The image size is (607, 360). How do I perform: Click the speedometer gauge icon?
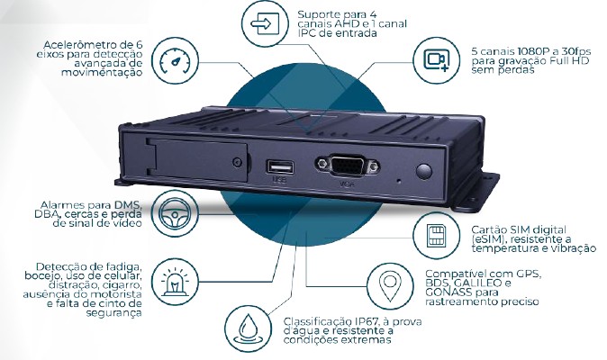(176, 61)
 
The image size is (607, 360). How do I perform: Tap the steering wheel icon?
(175, 213)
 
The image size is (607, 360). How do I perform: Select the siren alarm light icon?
(175, 282)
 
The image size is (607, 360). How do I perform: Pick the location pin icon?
(390, 286)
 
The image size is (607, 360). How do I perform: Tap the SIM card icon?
(436, 236)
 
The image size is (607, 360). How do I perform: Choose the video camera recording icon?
(437, 60)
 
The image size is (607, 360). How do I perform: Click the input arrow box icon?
(265, 23)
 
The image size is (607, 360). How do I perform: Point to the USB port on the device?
(280, 167)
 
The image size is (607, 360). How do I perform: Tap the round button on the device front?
(424, 171)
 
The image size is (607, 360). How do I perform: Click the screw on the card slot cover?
(237, 162)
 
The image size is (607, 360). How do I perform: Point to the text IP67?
(366, 321)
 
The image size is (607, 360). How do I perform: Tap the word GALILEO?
(474, 283)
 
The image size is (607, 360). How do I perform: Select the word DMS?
(128, 205)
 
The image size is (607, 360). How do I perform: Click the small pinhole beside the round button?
(400, 180)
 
